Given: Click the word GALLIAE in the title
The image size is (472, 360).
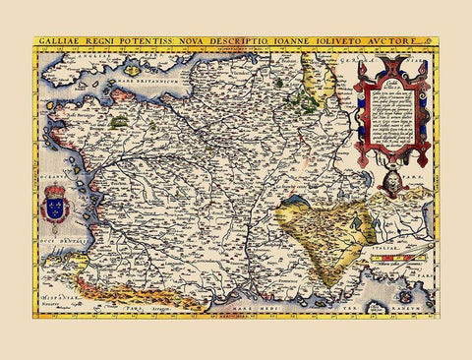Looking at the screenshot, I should (x=61, y=43).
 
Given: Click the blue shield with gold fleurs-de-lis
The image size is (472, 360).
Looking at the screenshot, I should (x=56, y=208).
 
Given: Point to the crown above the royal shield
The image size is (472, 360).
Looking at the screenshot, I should (x=56, y=188).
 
